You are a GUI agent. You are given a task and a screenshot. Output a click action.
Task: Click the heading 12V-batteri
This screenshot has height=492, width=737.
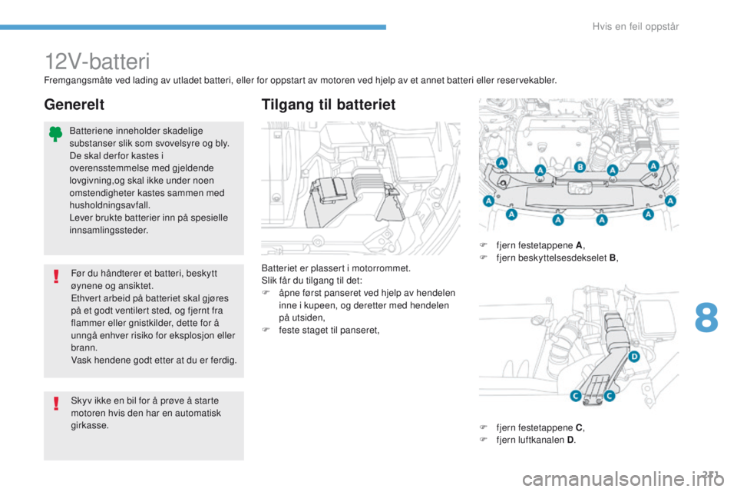97,61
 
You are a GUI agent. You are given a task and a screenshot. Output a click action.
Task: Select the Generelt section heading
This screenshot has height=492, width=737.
74,105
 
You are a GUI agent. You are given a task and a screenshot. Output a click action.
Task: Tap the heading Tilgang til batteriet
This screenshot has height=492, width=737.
329,105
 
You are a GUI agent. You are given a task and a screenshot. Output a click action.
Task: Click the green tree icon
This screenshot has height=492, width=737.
55,134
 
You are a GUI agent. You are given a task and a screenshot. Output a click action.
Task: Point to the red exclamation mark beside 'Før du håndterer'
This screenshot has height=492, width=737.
56,277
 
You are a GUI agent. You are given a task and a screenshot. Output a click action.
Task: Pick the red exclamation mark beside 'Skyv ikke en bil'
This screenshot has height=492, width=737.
56,404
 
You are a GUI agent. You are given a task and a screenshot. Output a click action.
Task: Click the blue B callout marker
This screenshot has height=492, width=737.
580,167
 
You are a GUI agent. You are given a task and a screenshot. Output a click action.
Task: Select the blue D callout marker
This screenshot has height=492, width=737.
634,357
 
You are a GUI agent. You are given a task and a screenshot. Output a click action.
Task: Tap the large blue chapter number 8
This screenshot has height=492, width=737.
706,317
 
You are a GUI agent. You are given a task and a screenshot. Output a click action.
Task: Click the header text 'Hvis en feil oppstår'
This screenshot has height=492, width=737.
636,27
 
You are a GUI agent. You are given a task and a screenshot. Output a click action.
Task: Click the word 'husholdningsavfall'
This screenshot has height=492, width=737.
108,205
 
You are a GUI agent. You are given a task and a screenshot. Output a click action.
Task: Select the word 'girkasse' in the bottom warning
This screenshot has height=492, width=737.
88,426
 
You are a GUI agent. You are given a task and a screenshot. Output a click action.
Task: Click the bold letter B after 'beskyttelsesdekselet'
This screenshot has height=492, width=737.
613,258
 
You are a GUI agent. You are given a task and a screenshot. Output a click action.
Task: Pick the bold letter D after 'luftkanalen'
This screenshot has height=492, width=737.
570,440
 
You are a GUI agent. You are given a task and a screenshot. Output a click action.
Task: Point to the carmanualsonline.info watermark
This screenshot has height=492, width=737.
623,479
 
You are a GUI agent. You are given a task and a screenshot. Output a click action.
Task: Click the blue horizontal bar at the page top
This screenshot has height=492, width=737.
193,28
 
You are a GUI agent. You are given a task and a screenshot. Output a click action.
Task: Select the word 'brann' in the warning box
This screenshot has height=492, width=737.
83,348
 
